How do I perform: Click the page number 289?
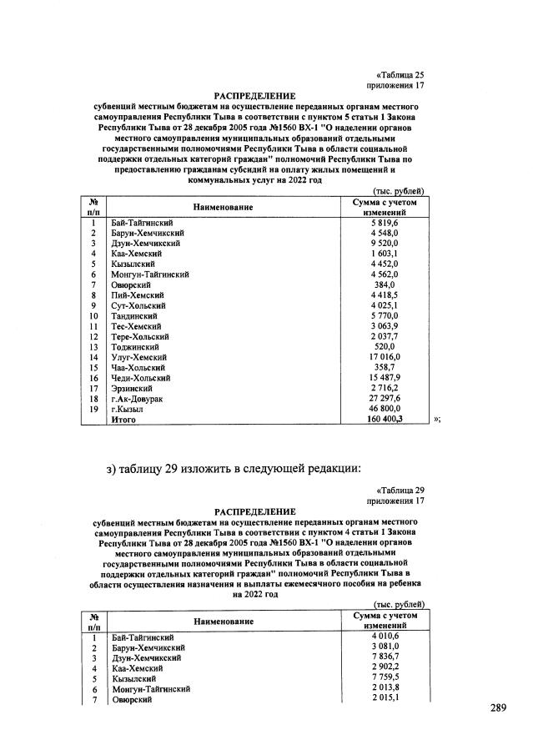click(498, 708)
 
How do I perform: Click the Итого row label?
click(123, 420)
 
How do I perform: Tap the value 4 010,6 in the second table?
click(385, 637)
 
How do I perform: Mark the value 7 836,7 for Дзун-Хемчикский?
click(385, 657)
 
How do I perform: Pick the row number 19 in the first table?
click(94, 410)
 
